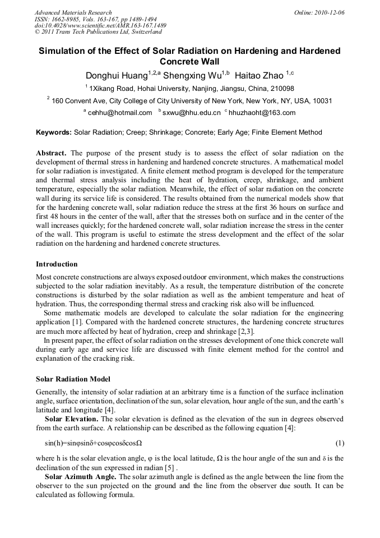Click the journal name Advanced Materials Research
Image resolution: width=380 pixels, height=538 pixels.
tap(73, 12)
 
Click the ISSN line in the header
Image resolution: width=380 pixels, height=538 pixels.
tap(95, 19)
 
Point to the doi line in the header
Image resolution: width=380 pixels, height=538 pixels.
tap(100, 26)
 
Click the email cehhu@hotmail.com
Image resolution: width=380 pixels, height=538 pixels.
tap(120, 113)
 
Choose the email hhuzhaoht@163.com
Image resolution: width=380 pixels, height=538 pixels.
tap(262, 113)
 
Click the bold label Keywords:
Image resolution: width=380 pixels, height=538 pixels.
tap(54, 133)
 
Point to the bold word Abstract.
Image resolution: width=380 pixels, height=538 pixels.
tap(52, 153)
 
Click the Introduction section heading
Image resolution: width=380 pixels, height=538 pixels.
tap(57, 264)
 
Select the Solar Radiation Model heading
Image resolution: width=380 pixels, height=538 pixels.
tap(73, 379)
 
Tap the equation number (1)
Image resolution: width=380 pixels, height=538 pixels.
tap(339, 443)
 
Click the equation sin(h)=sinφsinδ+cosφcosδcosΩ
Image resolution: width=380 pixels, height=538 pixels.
tap(94, 443)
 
